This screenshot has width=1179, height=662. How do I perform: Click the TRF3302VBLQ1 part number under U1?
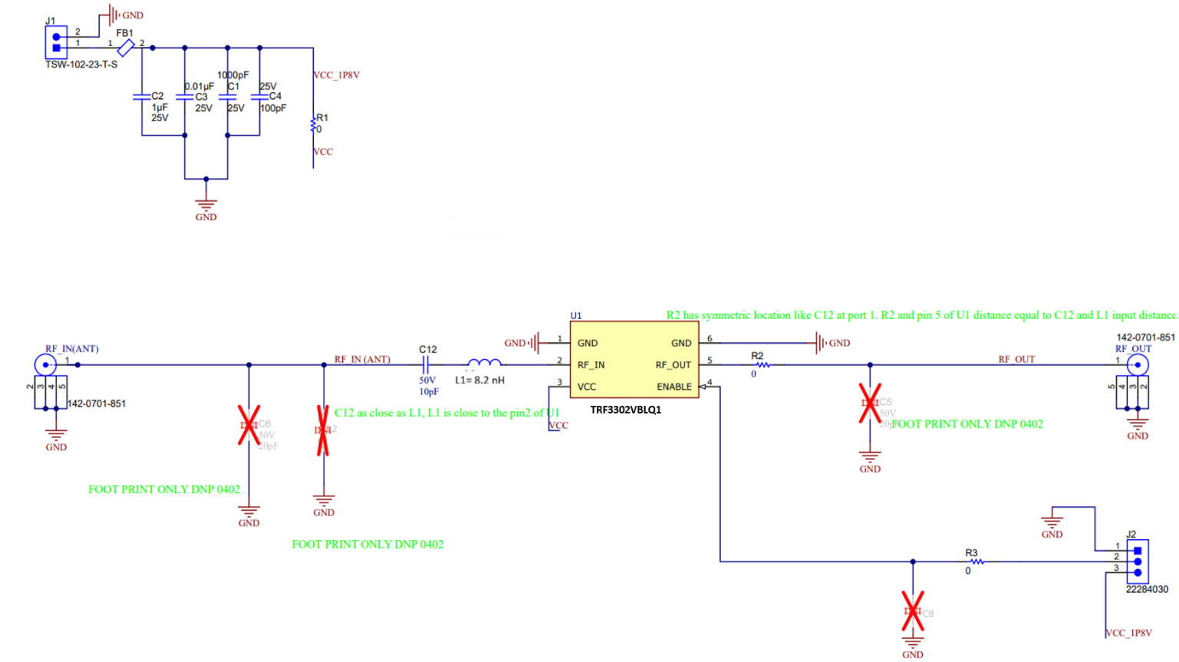click(x=625, y=410)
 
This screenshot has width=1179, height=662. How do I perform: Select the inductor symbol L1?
click(x=483, y=364)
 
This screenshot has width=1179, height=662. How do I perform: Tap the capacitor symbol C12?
click(x=426, y=364)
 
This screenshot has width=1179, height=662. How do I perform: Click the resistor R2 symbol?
click(x=762, y=365)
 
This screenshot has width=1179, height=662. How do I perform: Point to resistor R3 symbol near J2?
click(x=976, y=562)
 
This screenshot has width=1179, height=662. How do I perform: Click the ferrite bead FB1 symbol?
click(x=126, y=48)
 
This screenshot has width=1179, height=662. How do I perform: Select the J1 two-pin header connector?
click(x=56, y=42)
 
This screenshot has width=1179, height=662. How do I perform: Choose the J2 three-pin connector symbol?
click(x=1138, y=562)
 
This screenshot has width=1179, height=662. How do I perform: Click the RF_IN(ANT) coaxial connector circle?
click(x=45, y=364)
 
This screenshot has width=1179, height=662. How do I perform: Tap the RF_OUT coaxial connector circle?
click(x=1138, y=364)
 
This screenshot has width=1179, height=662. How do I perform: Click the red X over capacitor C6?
click(x=249, y=425)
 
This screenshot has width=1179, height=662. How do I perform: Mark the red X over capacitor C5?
click(x=870, y=403)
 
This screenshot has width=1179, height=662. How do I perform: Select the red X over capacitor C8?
click(x=913, y=611)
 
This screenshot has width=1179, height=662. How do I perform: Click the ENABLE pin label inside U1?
click(x=673, y=387)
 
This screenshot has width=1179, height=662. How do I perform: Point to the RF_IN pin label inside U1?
click(x=591, y=365)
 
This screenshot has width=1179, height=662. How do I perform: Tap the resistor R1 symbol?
click(x=313, y=124)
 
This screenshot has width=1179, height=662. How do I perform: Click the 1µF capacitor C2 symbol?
click(x=142, y=97)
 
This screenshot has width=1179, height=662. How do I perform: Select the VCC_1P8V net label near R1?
click(x=336, y=75)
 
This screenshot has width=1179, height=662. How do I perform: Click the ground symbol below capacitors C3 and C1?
click(x=206, y=206)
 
